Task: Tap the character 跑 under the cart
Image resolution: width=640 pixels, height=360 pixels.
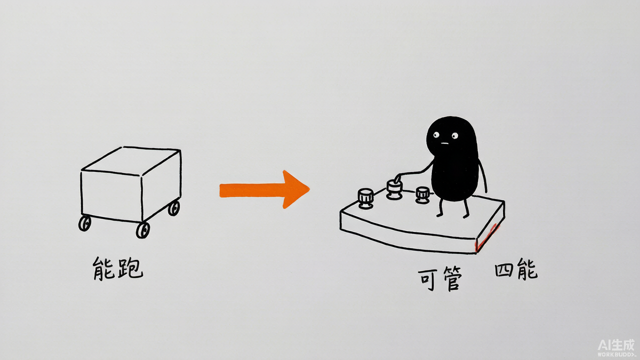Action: (x=130, y=268)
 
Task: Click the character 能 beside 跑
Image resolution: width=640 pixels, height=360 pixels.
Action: (x=103, y=268)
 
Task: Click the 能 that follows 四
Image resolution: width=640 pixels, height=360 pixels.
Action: (x=527, y=268)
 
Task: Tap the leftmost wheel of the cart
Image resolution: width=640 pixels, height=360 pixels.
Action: (x=85, y=223)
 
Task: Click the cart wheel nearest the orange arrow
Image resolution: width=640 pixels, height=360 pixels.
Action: (x=174, y=208)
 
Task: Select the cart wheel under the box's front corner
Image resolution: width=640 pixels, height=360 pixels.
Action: (x=143, y=230)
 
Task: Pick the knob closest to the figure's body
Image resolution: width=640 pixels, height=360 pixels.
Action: (x=422, y=195)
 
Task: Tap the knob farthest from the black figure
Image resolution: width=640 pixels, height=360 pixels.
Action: (x=365, y=198)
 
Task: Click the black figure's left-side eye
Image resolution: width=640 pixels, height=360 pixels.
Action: (x=436, y=134)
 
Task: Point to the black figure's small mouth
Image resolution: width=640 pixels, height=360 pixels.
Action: (x=444, y=143)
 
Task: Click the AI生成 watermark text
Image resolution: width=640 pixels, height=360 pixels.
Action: (x=616, y=345)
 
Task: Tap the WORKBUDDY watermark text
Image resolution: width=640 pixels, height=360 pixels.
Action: (x=616, y=354)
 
